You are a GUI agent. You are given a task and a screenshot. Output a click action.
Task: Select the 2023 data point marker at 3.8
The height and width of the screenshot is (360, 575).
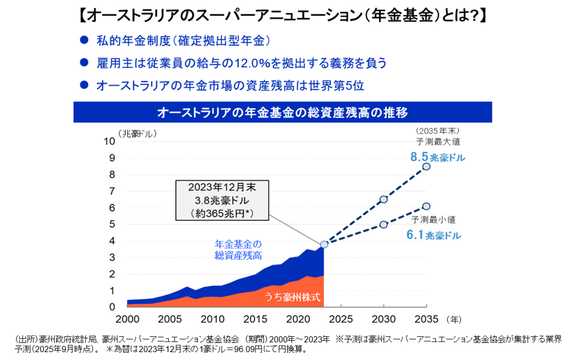coord(324,244)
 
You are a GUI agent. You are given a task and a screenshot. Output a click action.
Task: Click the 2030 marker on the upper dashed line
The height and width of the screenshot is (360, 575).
coord(383,199)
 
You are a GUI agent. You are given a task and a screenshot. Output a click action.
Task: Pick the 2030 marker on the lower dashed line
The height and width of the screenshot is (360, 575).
coord(383,224)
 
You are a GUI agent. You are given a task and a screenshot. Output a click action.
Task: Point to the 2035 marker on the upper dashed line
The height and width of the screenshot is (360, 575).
coord(426,166)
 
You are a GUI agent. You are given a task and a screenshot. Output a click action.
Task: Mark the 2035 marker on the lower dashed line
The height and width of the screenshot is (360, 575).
coord(426,206)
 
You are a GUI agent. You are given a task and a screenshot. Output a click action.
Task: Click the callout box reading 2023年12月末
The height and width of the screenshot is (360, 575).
coord(222,200)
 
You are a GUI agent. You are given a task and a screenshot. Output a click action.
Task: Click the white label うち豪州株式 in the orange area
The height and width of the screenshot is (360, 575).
coord(293,297)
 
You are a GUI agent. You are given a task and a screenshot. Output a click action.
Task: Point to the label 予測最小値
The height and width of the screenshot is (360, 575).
coord(434,219)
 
